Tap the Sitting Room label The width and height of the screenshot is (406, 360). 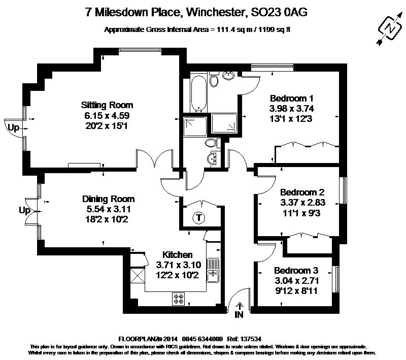click(107, 105)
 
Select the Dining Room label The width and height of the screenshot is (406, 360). click(109, 199)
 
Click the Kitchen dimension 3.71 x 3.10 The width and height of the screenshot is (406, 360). click(179, 265)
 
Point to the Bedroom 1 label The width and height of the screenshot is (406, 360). click(291, 99)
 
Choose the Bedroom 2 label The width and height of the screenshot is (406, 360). click(302, 192)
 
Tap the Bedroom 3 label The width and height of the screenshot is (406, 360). click(296, 271)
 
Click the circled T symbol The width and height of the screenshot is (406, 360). click(198, 217)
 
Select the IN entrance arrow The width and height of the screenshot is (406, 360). click(240, 306)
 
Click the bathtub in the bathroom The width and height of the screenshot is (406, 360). click(198, 92)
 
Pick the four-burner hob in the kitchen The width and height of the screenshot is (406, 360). click(179, 299)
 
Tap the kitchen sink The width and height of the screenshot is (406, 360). click(213, 270)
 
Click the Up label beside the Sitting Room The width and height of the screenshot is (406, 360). click(14, 128)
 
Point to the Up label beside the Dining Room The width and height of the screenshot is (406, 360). click(24, 211)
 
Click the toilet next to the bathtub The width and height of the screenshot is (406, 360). click(214, 79)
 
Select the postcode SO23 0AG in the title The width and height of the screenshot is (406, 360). click(279, 12)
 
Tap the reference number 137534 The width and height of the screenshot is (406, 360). click(251, 339)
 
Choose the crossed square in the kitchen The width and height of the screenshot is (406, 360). click(137, 276)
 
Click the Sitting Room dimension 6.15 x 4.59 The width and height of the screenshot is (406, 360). click(107, 115)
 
